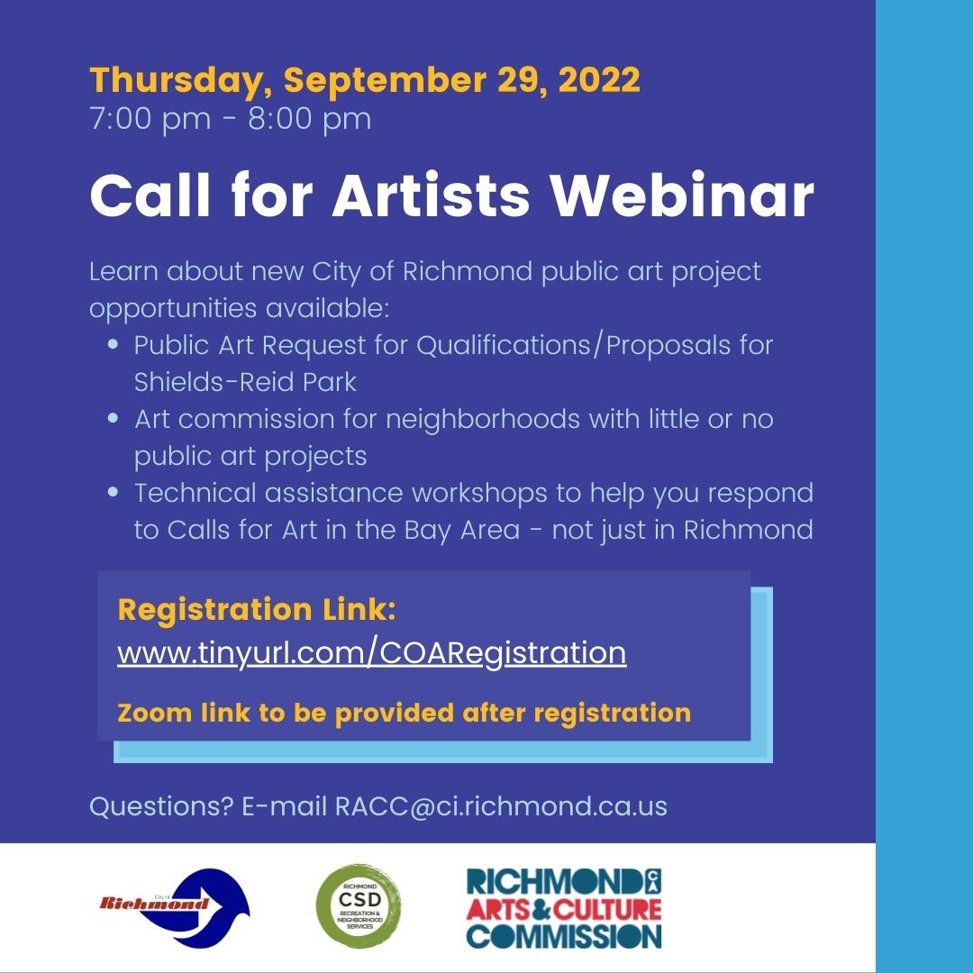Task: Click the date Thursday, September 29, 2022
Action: (365, 80)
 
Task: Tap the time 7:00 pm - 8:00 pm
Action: (231, 119)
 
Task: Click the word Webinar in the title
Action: (684, 196)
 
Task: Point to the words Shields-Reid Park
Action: (245, 382)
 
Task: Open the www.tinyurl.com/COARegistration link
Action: (371, 652)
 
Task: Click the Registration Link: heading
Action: (257, 610)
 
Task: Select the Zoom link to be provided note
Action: (404, 713)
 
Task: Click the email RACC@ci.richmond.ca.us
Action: (501, 805)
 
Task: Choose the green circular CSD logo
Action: (359, 906)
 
